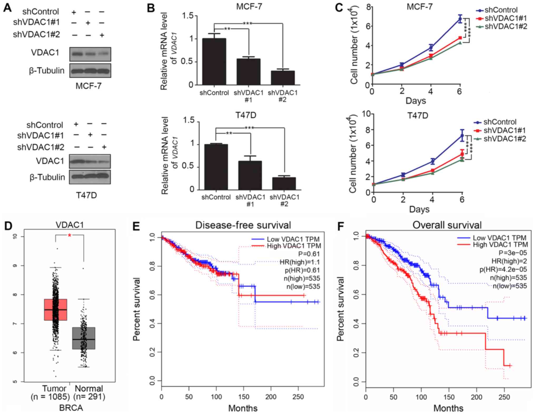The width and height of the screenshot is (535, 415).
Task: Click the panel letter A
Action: tap(7, 8)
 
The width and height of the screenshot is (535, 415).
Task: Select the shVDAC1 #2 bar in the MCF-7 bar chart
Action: tap(283, 78)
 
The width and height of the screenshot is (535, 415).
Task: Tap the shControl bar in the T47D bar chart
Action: tap(216, 167)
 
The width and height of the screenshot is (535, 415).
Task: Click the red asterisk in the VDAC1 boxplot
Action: tap(70, 235)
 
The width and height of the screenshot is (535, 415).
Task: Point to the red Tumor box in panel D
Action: tap(56, 310)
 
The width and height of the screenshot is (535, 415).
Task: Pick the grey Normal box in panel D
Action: tap(84, 338)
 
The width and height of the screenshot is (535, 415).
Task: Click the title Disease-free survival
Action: tap(243, 225)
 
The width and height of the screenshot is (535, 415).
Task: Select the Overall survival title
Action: tap(447, 225)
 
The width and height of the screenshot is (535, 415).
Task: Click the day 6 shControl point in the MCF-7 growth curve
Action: tap(460, 19)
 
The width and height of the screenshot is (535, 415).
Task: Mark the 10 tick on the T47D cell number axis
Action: tap(366, 114)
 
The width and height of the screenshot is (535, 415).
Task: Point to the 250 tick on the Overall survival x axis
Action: tap(504, 397)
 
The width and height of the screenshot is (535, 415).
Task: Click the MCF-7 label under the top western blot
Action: tap(89, 86)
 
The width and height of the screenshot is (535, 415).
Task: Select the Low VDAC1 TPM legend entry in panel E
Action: tap(293, 239)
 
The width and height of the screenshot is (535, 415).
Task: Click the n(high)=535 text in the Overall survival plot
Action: tap(508, 278)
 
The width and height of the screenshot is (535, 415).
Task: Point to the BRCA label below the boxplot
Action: tap(71, 408)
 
